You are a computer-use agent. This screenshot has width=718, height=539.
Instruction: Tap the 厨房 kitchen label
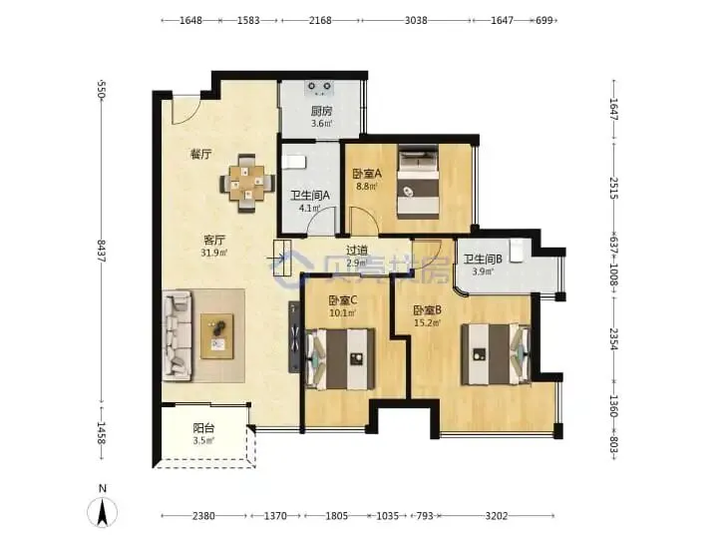point(321,111)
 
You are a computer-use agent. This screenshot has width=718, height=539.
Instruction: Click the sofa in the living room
point(177,335)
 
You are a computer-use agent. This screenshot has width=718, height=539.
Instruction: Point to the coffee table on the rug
point(217,336)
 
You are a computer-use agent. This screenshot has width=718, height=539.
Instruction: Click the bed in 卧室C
point(340,359)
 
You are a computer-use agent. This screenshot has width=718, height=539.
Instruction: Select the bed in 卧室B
point(496,354)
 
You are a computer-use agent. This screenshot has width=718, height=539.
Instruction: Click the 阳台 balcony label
point(203,428)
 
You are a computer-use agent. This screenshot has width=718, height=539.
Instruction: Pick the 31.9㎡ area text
point(213,253)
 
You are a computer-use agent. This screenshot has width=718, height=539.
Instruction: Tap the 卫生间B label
point(483,259)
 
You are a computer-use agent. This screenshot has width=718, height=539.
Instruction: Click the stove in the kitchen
point(319,89)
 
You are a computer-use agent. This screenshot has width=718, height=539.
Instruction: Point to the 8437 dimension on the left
point(101,251)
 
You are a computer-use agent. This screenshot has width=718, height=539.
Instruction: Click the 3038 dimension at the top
point(416,20)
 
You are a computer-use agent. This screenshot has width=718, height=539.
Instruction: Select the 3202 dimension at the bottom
point(497,516)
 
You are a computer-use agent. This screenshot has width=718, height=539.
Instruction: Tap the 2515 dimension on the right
point(614,189)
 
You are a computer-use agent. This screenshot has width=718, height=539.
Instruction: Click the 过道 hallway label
point(357,251)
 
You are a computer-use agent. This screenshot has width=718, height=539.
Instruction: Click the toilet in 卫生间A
point(293,163)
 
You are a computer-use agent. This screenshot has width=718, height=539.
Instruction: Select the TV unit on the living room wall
point(294,337)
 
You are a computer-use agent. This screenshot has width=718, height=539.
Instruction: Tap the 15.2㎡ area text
point(427,322)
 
